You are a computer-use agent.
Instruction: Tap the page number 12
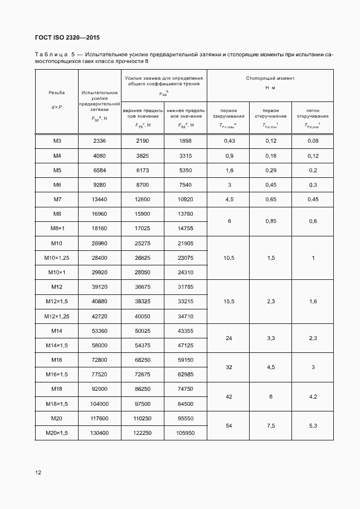tap(38, 472)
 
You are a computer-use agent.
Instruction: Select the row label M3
tap(57, 142)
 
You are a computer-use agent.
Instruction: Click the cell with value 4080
tap(100, 156)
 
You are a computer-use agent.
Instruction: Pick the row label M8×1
tap(57, 229)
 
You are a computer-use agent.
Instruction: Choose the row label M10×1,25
tap(57, 258)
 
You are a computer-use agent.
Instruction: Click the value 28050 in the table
tap(143, 272)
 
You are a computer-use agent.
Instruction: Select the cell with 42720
tap(100, 316)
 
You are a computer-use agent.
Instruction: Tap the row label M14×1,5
tap(57, 345)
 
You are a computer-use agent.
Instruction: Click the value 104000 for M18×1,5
tap(100, 403)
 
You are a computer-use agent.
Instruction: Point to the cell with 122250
tap(143, 432)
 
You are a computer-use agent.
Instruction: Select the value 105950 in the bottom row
tap(185, 432)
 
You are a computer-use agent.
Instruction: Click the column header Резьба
tap(57, 93)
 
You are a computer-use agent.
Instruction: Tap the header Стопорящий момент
tap(270, 79)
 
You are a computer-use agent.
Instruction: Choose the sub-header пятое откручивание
tap(313, 113)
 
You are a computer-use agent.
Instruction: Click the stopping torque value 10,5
tap(228, 258)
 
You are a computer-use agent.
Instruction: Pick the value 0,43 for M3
tap(228, 142)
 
